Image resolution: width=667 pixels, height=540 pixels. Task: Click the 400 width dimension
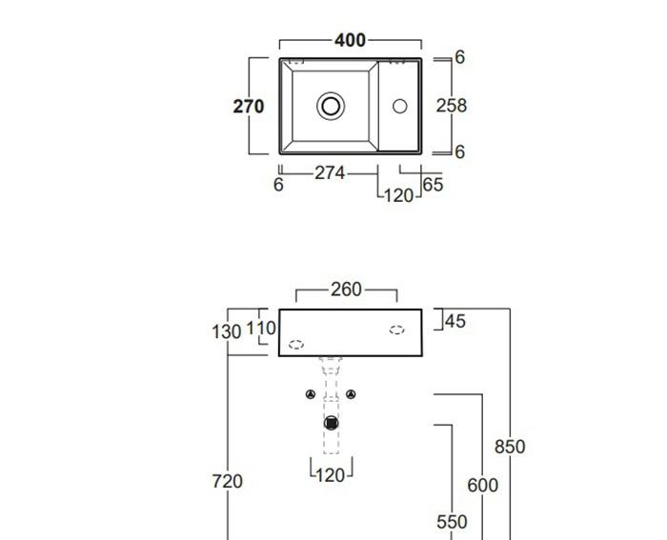(x=350, y=41)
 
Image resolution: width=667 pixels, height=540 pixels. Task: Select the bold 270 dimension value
(x=249, y=107)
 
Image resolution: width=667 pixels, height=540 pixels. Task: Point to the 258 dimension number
(x=452, y=106)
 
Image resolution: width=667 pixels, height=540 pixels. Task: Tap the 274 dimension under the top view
(x=330, y=173)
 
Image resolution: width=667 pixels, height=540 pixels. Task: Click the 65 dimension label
(x=433, y=185)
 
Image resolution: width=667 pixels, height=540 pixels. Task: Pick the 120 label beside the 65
(x=398, y=195)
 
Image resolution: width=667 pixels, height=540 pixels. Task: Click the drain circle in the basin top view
(x=331, y=106)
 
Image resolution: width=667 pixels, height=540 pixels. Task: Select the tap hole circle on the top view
(x=399, y=107)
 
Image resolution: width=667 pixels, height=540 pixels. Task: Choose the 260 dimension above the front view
(x=346, y=290)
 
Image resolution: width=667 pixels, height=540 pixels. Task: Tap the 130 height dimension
(x=225, y=331)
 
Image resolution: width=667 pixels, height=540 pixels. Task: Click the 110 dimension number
(x=261, y=329)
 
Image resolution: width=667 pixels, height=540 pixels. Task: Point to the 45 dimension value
(x=455, y=322)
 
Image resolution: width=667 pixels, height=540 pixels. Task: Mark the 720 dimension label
(x=227, y=482)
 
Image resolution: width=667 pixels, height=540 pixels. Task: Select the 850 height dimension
(x=510, y=447)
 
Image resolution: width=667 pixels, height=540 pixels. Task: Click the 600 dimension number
(x=482, y=486)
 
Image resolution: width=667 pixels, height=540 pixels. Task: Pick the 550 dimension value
(x=452, y=522)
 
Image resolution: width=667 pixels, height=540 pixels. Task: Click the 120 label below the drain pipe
(x=330, y=474)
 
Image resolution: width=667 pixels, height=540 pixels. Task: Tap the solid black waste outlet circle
(x=331, y=423)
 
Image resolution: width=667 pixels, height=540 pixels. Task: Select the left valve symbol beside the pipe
(x=311, y=394)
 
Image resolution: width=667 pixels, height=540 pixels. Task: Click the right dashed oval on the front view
(x=396, y=330)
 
